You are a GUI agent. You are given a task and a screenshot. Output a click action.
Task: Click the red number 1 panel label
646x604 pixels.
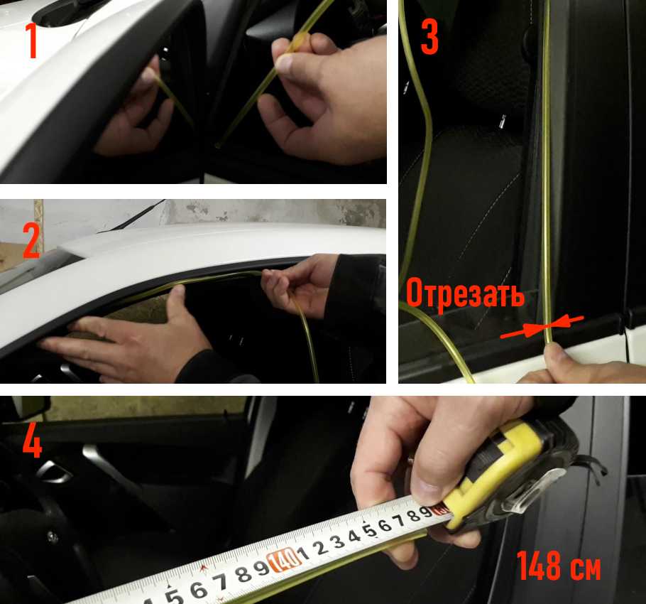coord(32,41)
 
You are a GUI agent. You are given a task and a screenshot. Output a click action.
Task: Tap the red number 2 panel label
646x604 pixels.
coord(31,240)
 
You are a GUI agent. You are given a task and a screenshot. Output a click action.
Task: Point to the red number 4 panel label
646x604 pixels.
coord(32,440)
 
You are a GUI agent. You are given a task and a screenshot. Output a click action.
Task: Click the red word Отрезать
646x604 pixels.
coord(465,293)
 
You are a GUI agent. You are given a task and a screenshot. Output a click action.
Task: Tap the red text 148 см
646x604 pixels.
coord(559,566)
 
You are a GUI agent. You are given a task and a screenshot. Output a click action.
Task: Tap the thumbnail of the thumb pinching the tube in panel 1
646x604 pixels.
coord(284,62)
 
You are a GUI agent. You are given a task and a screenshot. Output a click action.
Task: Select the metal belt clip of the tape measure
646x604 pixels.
coord(548,487)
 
